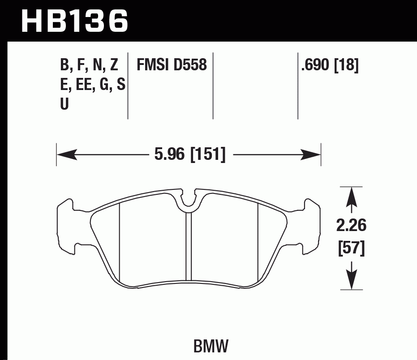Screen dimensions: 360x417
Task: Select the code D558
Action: point(190,66)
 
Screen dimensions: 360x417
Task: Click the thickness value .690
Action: point(316,66)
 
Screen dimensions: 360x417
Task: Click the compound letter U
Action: point(64,104)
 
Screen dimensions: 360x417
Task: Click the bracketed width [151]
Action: point(208,155)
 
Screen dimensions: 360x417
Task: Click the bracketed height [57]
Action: point(351,248)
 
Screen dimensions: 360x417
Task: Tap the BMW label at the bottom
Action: point(211,346)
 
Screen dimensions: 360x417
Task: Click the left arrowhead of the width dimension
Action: point(65,155)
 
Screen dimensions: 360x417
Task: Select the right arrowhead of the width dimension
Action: point(312,155)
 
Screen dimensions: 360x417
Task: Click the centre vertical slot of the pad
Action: point(189,246)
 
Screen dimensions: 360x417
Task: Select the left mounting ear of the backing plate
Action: point(66,226)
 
